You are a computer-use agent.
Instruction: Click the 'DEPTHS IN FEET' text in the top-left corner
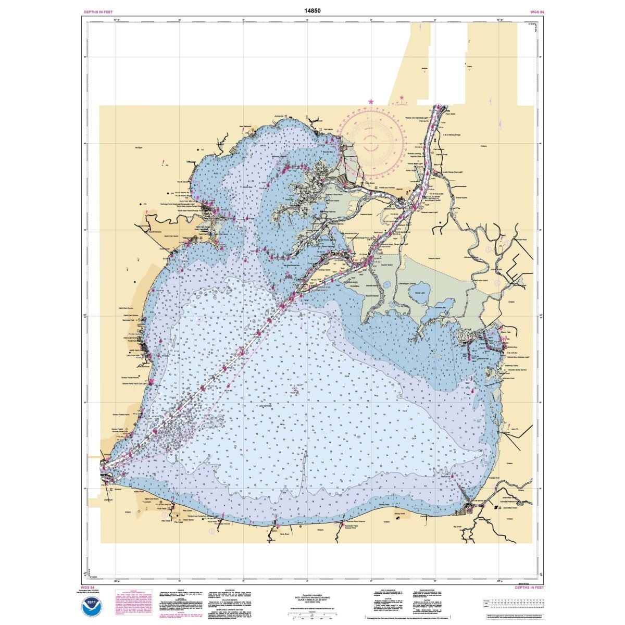[x=98, y=11]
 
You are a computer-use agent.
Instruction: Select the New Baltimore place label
[x=245, y=126]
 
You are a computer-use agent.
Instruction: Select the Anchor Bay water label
[x=247, y=186]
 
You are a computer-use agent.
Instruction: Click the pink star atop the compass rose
[x=371, y=101]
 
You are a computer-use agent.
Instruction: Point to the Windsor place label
[x=117, y=489]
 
